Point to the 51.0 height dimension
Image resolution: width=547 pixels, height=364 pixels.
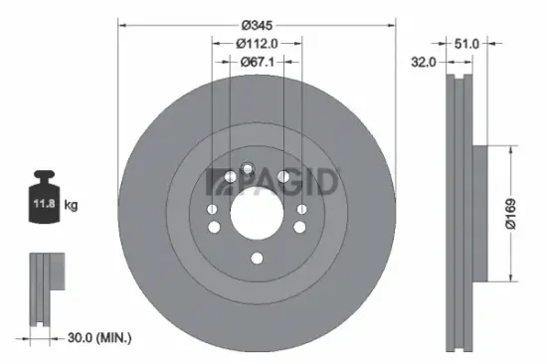point(466,43)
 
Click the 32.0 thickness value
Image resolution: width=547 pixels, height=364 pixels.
point(425,62)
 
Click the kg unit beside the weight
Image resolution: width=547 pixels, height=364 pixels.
point(72,206)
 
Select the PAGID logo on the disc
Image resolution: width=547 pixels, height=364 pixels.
point(273,181)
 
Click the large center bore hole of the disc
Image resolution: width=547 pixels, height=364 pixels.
point(257,212)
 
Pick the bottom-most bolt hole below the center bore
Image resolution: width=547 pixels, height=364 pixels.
point(257,260)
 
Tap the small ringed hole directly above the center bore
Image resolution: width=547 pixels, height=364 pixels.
point(247,169)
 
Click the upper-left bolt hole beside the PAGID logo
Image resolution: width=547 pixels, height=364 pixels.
point(230,177)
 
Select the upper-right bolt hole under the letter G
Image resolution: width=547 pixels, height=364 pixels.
point(284,177)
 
